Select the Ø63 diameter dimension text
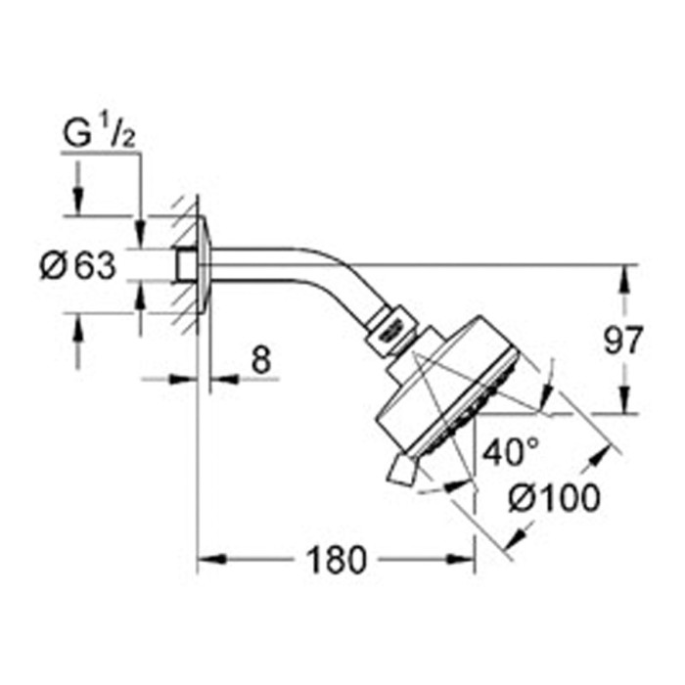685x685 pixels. point(78,264)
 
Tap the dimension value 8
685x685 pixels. point(259,359)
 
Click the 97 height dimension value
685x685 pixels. point(622,341)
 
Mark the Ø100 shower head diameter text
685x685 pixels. point(555,500)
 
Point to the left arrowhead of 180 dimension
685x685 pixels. point(207,561)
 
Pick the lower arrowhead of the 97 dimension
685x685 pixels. point(622,403)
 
